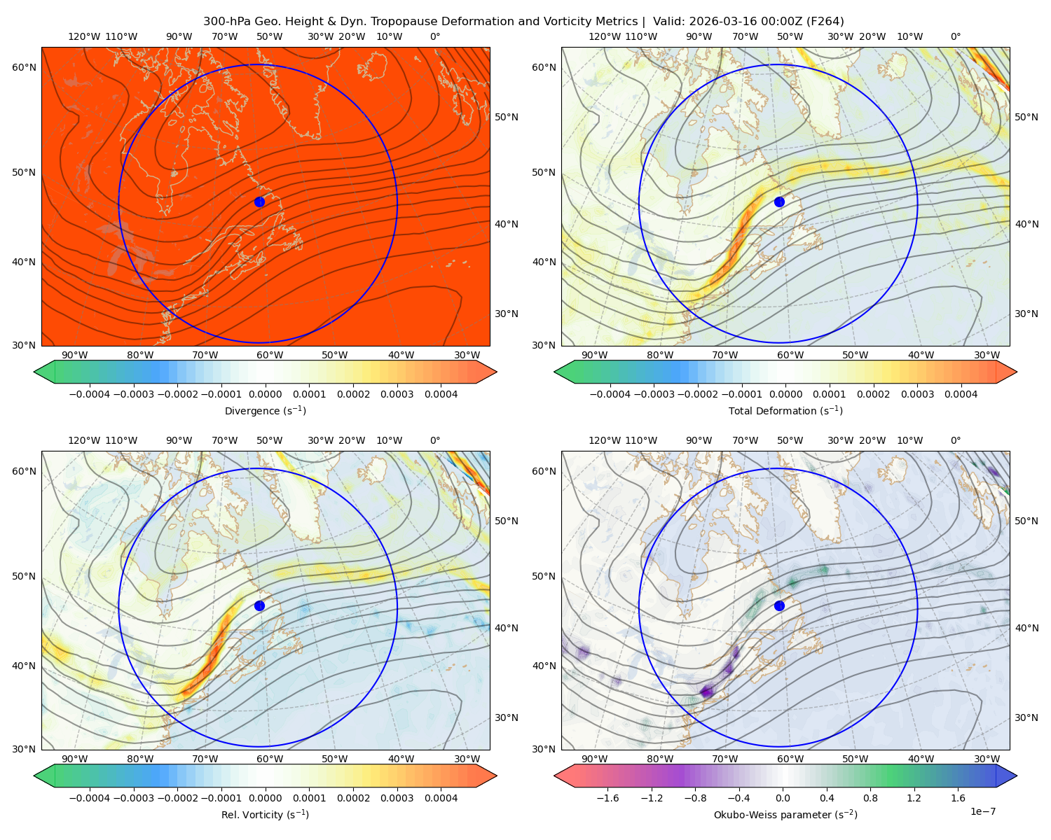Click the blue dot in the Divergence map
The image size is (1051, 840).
coord(259,202)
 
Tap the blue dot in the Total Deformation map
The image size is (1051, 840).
coord(779,202)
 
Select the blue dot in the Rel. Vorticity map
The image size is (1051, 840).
coord(259,605)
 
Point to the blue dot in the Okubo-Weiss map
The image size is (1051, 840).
coord(779,605)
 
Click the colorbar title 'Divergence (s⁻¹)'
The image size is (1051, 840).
coord(265,410)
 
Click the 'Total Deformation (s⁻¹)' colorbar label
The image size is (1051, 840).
coord(785,410)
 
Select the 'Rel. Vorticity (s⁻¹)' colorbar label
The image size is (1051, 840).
coord(265,814)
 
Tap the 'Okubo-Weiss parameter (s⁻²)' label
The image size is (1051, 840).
coord(785,814)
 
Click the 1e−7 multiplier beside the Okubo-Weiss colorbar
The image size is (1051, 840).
coord(982,811)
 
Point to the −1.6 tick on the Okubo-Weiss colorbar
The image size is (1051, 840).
coord(607,797)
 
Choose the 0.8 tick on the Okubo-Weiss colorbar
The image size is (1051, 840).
coord(870,797)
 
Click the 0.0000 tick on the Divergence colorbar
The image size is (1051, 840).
coord(265,394)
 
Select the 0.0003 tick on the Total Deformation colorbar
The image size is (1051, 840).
coord(917,394)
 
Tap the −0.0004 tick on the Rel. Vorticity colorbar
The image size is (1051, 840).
coord(90,797)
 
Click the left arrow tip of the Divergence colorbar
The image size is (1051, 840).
coord(34,372)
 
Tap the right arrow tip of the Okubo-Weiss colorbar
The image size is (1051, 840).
coord(1017,776)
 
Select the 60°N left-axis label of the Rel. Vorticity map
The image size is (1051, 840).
coord(24,471)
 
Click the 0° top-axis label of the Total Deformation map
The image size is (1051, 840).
coord(955,36)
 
